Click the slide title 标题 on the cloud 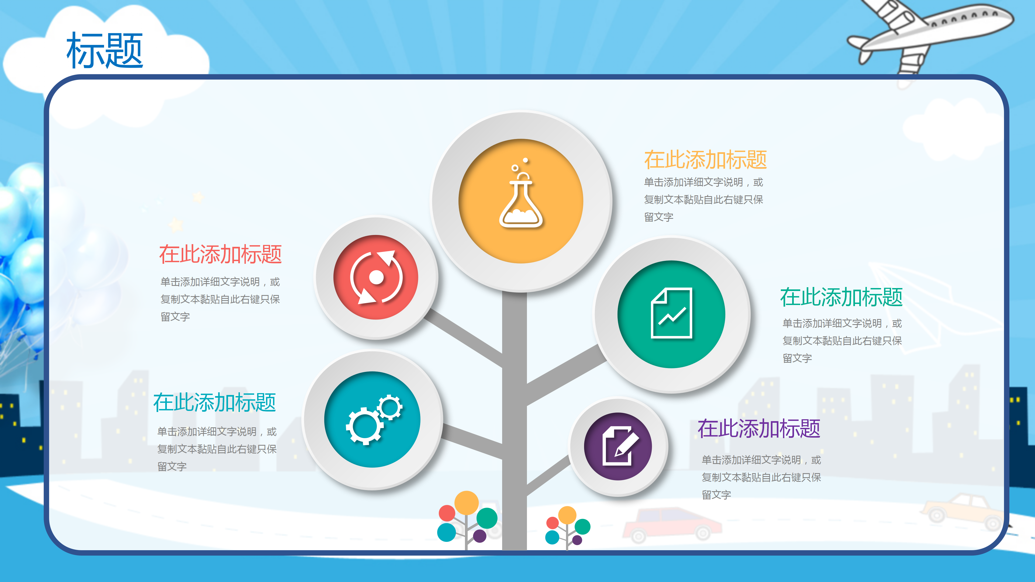[x=105, y=51]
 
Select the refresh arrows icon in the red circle [x=376, y=277]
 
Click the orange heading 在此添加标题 [x=705, y=160]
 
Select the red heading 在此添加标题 [x=220, y=255]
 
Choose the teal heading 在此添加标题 [x=215, y=403]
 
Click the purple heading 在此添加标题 [x=758, y=429]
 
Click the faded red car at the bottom [x=671, y=524]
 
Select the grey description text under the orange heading [x=703, y=200]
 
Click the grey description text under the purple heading [x=761, y=477]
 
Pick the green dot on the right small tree [x=582, y=526]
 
